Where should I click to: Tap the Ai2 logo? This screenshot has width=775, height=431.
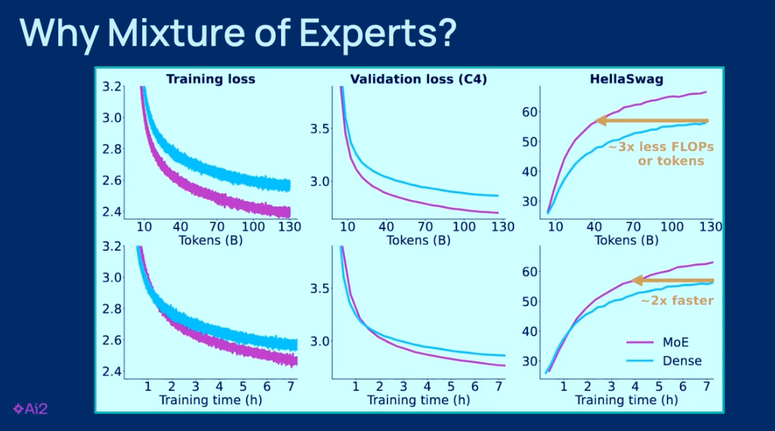[30, 409]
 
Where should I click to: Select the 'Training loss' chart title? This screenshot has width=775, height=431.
[211, 79]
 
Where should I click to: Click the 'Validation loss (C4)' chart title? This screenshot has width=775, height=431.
[419, 79]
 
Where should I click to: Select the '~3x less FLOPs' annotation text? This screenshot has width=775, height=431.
[661, 147]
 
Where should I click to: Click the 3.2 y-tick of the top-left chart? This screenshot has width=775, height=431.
[112, 86]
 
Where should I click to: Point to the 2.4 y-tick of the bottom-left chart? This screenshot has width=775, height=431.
[112, 372]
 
